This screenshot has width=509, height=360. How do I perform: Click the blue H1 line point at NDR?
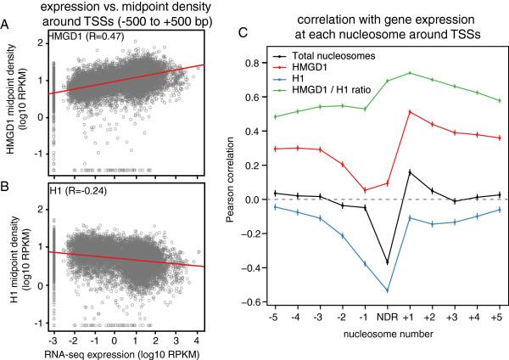388,290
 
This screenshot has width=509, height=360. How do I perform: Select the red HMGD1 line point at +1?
411,112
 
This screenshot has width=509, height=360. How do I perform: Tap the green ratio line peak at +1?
411,73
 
